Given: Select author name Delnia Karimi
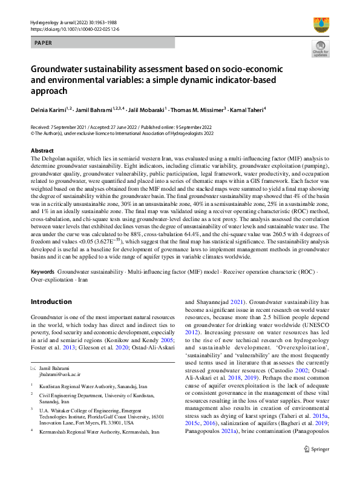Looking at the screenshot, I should click(x=46, y=110).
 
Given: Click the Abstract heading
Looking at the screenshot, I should click(x=42, y=150).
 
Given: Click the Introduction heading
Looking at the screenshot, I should click(x=51, y=302).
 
